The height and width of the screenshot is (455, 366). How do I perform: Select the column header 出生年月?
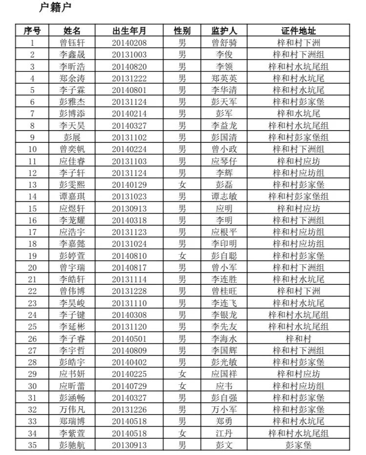[129, 31]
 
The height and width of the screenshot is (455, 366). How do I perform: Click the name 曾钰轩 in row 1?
[72, 43]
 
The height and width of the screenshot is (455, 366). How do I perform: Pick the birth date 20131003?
[129, 55]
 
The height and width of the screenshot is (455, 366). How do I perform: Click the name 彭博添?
[72, 114]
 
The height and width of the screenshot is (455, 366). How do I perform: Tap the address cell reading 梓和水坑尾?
[299, 114]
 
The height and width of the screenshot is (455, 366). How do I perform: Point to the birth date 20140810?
[129, 256]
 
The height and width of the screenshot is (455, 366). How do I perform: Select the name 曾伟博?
[72, 291]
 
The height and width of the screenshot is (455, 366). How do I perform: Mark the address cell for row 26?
[299, 338]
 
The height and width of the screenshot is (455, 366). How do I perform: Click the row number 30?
[33, 386]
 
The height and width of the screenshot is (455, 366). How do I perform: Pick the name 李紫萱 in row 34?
[72, 433]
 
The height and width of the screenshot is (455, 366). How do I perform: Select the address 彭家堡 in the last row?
[299, 445]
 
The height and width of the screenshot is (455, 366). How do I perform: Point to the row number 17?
[33, 232]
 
